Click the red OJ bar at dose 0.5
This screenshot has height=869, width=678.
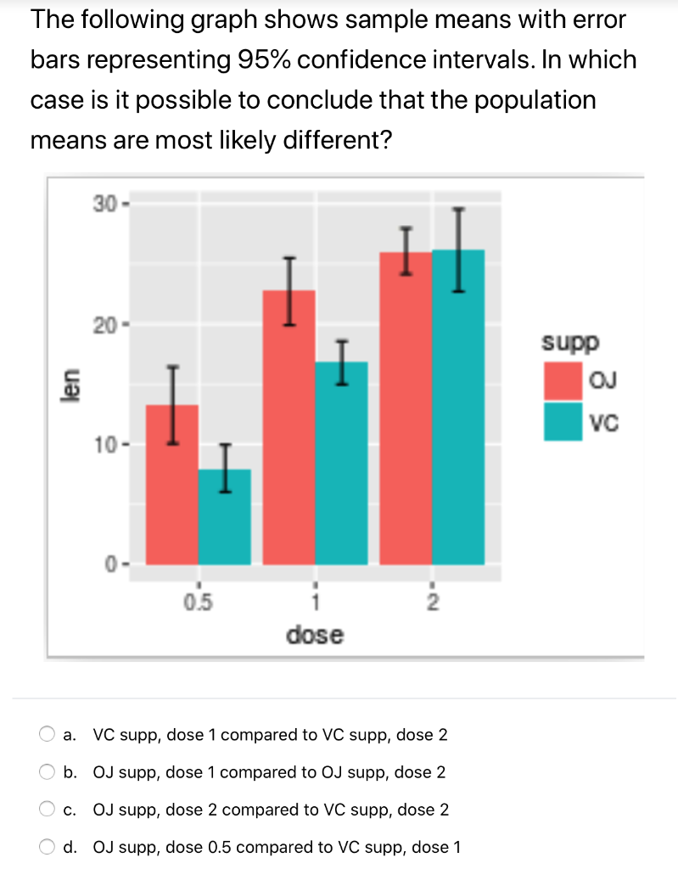coord(172,485)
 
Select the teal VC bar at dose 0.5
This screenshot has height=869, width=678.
coord(225,517)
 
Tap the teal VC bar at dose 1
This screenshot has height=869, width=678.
coord(342,463)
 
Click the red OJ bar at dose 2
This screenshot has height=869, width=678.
coord(406,408)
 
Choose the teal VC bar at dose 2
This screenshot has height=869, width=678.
coord(458,407)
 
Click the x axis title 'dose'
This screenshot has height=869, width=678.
coord(316,634)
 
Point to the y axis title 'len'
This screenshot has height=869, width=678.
coord(74,385)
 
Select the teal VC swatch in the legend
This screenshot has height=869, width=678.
coord(563,422)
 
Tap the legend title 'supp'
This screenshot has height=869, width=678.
coord(570,344)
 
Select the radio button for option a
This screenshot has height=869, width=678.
coord(45,735)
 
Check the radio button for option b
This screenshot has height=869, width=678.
coord(45,772)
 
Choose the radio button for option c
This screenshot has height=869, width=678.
coord(45,810)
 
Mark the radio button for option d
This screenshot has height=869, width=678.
coord(45,847)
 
